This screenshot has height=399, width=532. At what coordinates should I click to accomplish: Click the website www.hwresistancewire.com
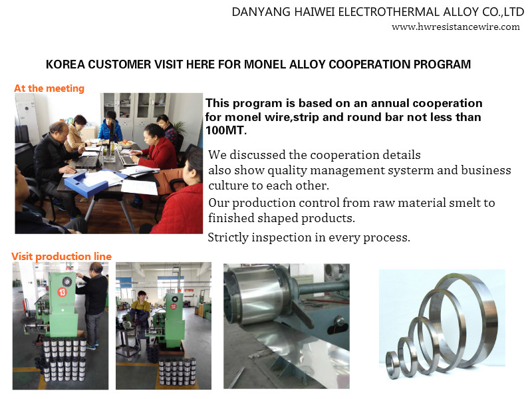pyautogui.click(x=456, y=27)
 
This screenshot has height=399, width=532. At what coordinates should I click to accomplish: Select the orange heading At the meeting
pyautogui.click(x=49, y=88)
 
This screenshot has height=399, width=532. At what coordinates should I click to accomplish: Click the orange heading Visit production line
pyautogui.click(x=61, y=256)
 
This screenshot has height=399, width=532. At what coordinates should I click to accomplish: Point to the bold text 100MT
pyautogui.click(x=226, y=130)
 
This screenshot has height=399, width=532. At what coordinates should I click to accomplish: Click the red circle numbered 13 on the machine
pyautogui.click(x=62, y=292)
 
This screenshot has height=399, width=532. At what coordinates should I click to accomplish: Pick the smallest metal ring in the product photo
pyautogui.click(x=393, y=364)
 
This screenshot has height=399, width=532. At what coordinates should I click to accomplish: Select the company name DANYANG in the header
pyautogui.click(x=261, y=12)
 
